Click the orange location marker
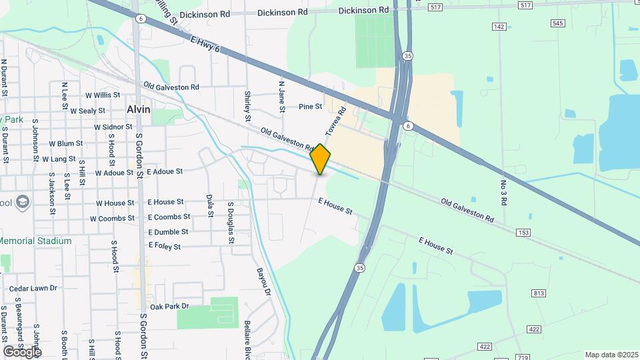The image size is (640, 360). tap(321, 159)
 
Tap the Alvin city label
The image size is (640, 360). tap(139, 109)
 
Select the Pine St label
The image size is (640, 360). tap(310, 107)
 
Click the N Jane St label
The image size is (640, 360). tap(282, 97)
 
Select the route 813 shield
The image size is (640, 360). tap(539, 293)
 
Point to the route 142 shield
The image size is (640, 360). tap(499, 26)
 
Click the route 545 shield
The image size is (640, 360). tap(558, 23)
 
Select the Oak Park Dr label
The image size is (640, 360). tap(170, 307)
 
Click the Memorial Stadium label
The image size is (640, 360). tap(36, 241)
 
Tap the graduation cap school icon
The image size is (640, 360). tap(23, 201)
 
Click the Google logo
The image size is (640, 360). tap(21, 351)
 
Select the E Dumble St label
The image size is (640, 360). tap(168, 231)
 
